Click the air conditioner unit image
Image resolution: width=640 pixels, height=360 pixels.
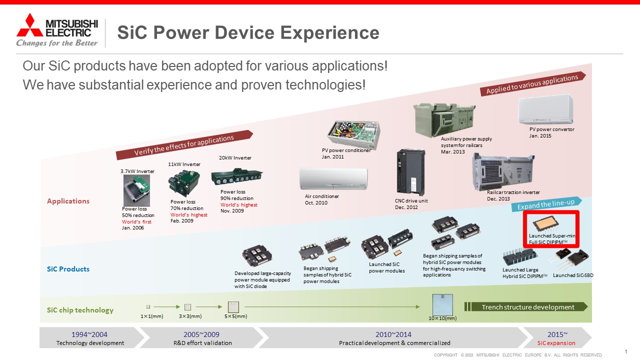pos(333,179)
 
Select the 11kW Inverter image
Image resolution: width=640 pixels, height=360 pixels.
pos(184,182)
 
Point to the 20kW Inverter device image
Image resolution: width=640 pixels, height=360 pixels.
pos(237,176)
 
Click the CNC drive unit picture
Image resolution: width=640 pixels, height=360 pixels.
pos(411,172)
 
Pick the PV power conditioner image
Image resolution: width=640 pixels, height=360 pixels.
pos(354,134)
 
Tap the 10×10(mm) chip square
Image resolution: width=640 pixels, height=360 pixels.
pos(442,304)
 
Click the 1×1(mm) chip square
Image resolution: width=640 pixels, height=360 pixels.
pos(148,306)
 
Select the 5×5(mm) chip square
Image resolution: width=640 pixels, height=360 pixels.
pos(233,307)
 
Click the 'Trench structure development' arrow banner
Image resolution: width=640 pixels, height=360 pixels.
pos(526,307)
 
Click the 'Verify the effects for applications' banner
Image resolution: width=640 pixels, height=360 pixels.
pos(184,145)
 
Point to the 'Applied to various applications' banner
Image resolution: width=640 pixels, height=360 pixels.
pos(533,83)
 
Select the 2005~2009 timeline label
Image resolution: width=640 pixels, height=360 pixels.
pos(201,334)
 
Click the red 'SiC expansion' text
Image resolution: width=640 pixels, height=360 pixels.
pos(556,343)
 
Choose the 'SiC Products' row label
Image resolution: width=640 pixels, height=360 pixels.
pos(68,269)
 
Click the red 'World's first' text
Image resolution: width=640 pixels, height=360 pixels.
pos(136,221)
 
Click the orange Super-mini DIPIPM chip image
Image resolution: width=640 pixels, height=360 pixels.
pos(545,223)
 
